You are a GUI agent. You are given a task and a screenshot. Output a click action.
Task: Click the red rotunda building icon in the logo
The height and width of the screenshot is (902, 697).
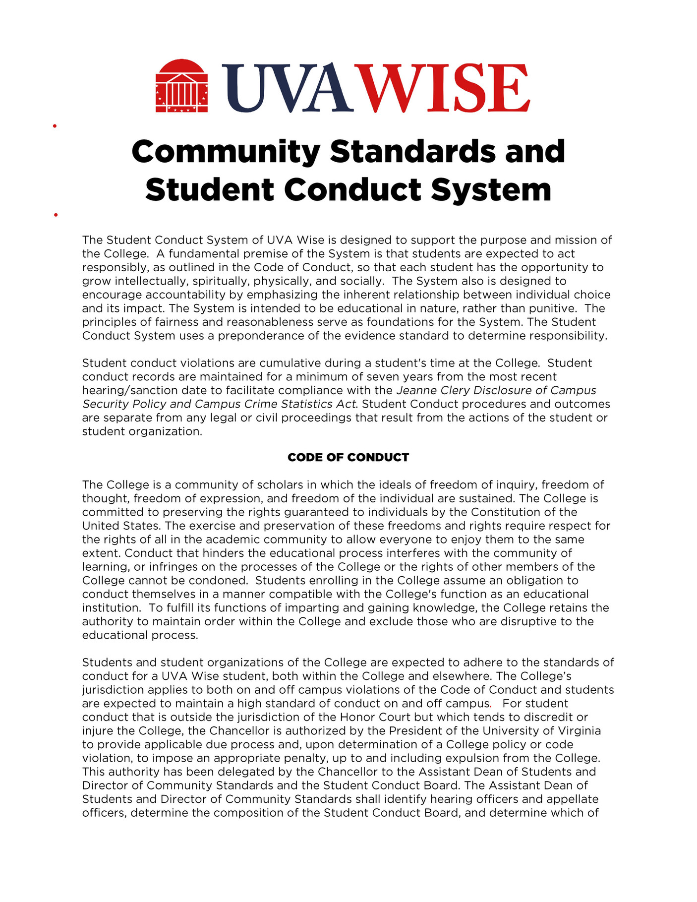181,86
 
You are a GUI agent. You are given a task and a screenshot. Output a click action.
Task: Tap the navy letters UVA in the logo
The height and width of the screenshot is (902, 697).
288,88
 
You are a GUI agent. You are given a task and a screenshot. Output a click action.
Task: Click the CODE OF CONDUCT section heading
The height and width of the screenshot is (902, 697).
348,457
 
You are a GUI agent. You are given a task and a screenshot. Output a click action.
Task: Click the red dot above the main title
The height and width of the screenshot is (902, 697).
55,126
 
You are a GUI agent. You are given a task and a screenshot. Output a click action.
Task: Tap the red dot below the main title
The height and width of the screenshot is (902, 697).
56,215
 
